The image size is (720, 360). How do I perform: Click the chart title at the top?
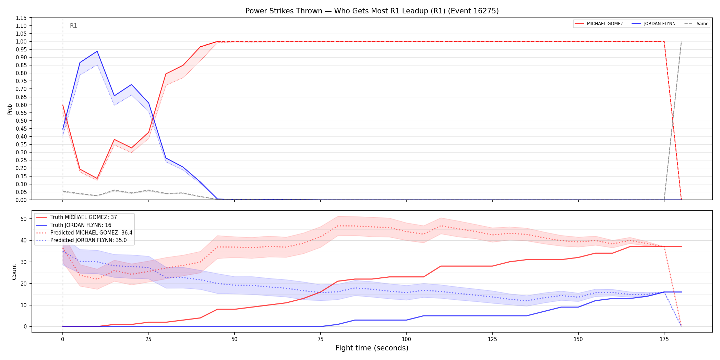pos(372,11)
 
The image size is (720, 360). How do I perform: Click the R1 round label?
pos(73,26)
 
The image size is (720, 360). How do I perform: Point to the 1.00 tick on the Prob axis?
pos(21,41)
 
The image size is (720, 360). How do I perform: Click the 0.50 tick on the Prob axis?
pos(21,121)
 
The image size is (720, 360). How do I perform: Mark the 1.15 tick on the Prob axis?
pos(21,18)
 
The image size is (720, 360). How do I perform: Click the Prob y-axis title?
pos(10,109)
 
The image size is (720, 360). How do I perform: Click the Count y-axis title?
pos(14,272)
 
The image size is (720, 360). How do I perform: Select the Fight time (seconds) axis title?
pos(372,348)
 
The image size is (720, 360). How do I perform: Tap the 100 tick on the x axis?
pos(406,339)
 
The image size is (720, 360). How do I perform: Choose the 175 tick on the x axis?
pos(664,339)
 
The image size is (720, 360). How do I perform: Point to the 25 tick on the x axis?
pos(148,339)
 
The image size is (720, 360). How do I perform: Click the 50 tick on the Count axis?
pos(24,219)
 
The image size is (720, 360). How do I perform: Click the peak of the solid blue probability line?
pos(97,51)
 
